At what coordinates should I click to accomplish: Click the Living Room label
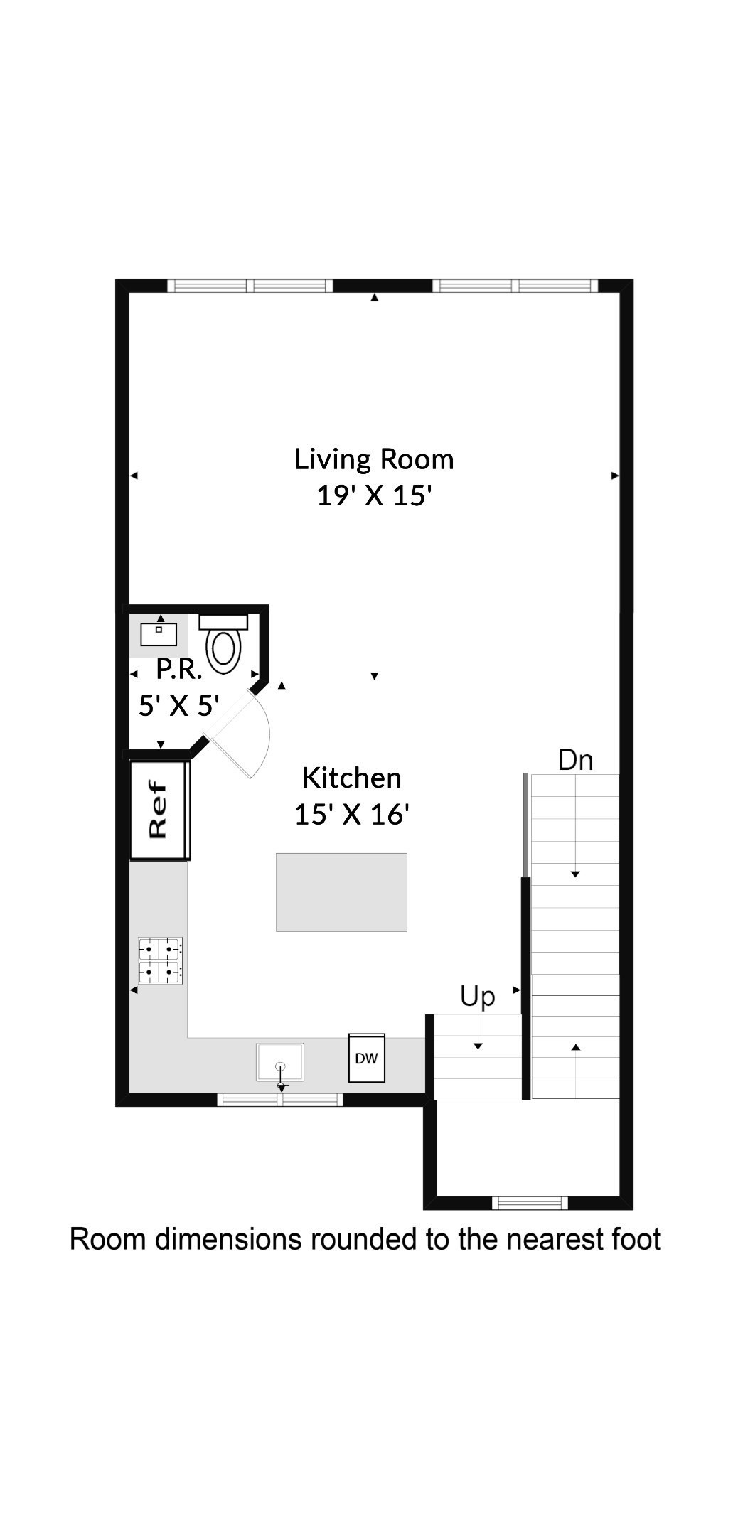tap(374, 459)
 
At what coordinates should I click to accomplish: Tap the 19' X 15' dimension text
tap(374, 495)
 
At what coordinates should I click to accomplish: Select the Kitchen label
tap(351, 778)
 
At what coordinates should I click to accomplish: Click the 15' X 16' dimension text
tap(351, 814)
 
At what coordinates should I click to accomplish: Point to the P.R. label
tap(178, 669)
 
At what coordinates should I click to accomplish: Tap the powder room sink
tap(159, 633)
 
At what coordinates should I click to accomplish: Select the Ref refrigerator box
tap(159, 810)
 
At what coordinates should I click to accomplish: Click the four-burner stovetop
tap(161, 960)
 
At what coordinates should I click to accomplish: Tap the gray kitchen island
tap(341, 892)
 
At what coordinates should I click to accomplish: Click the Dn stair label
tap(574, 760)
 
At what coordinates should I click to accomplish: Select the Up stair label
tap(477, 996)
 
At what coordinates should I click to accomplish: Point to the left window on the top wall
tap(250, 286)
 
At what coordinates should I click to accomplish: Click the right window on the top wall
tap(515, 286)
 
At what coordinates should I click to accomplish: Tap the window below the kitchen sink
tap(279, 1100)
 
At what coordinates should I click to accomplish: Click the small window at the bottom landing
tap(530, 1203)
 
